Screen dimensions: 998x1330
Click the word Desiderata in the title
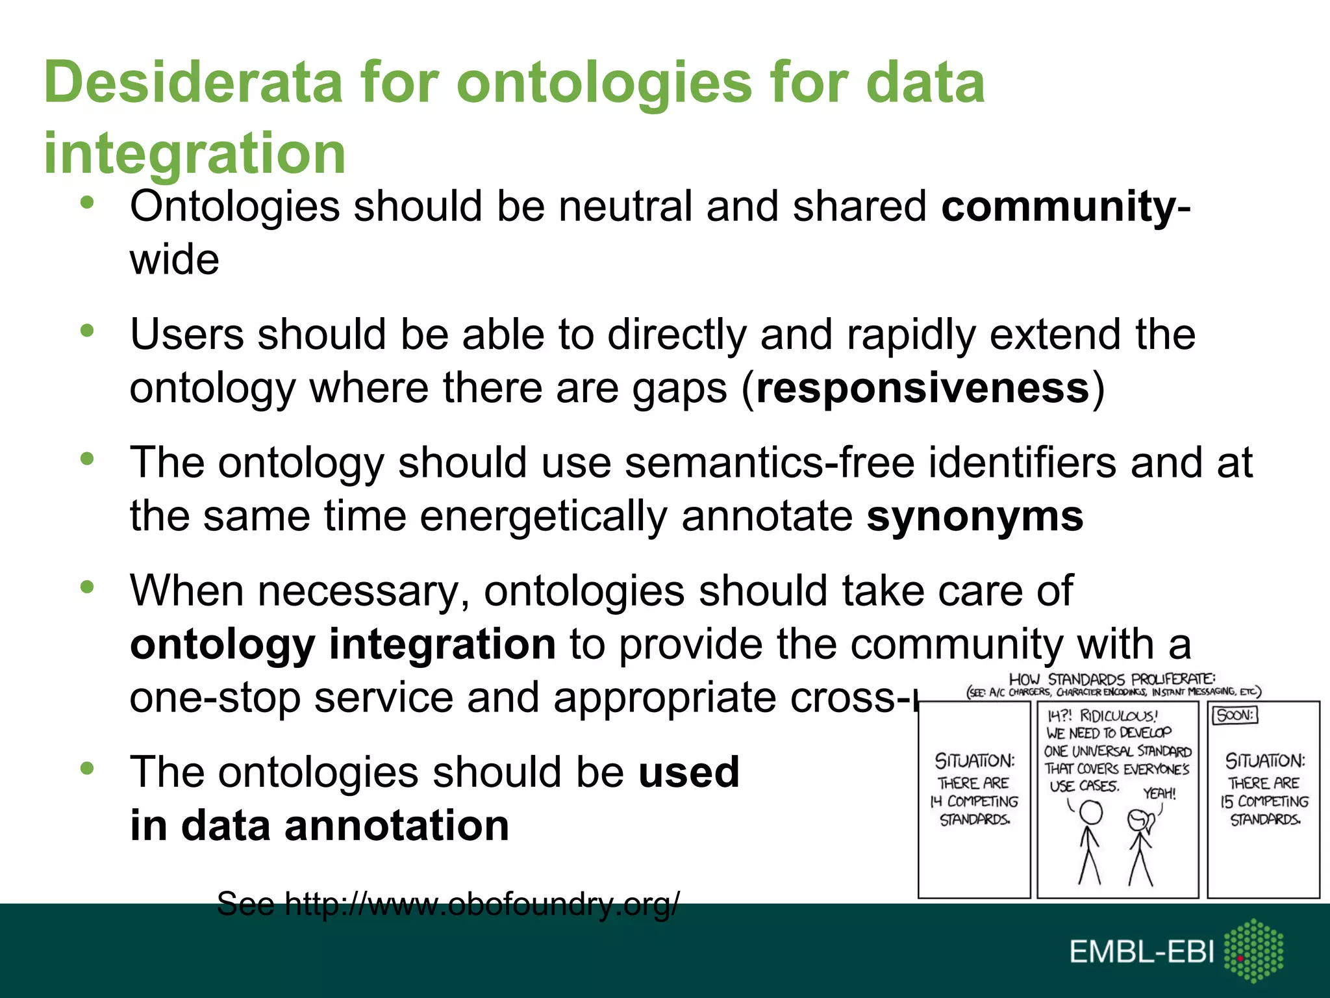(193, 83)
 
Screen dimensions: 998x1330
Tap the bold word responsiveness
(923, 389)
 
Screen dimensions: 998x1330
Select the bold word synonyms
(975, 517)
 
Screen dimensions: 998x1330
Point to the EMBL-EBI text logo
(1142, 953)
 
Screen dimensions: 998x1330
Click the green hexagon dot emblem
(1253, 950)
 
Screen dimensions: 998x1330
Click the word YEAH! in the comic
(1159, 793)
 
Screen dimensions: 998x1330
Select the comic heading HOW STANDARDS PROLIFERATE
(1112, 679)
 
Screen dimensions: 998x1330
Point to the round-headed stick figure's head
(1090, 812)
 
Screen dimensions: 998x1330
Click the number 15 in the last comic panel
(1226, 801)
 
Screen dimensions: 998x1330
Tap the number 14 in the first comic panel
(936, 801)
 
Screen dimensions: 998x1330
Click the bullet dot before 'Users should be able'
(87, 332)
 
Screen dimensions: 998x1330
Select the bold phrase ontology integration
(342, 645)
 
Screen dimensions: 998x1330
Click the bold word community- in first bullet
(1066, 207)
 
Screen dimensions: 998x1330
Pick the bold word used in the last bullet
(689, 772)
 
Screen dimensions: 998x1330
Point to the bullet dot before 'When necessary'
(87, 587)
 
